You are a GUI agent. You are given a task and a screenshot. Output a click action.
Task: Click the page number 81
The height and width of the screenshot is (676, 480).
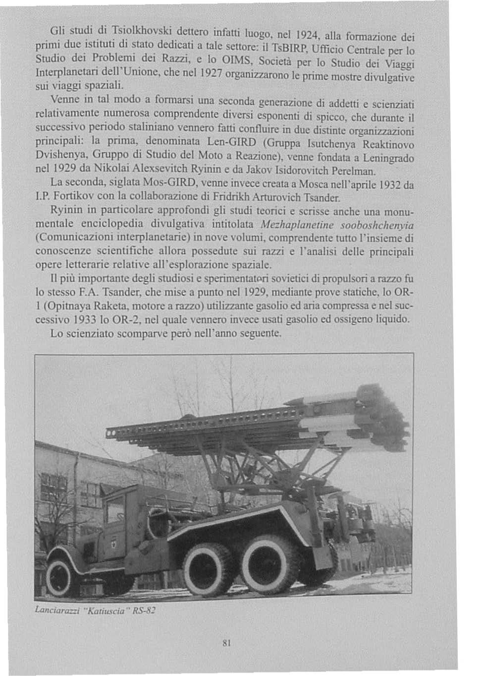click(x=227, y=643)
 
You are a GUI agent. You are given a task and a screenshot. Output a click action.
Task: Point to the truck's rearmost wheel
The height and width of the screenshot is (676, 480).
click(x=269, y=562)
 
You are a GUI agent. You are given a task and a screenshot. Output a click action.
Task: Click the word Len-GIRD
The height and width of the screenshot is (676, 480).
click(x=231, y=142)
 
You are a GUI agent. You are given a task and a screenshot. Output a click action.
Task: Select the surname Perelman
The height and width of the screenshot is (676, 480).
click(x=354, y=172)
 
